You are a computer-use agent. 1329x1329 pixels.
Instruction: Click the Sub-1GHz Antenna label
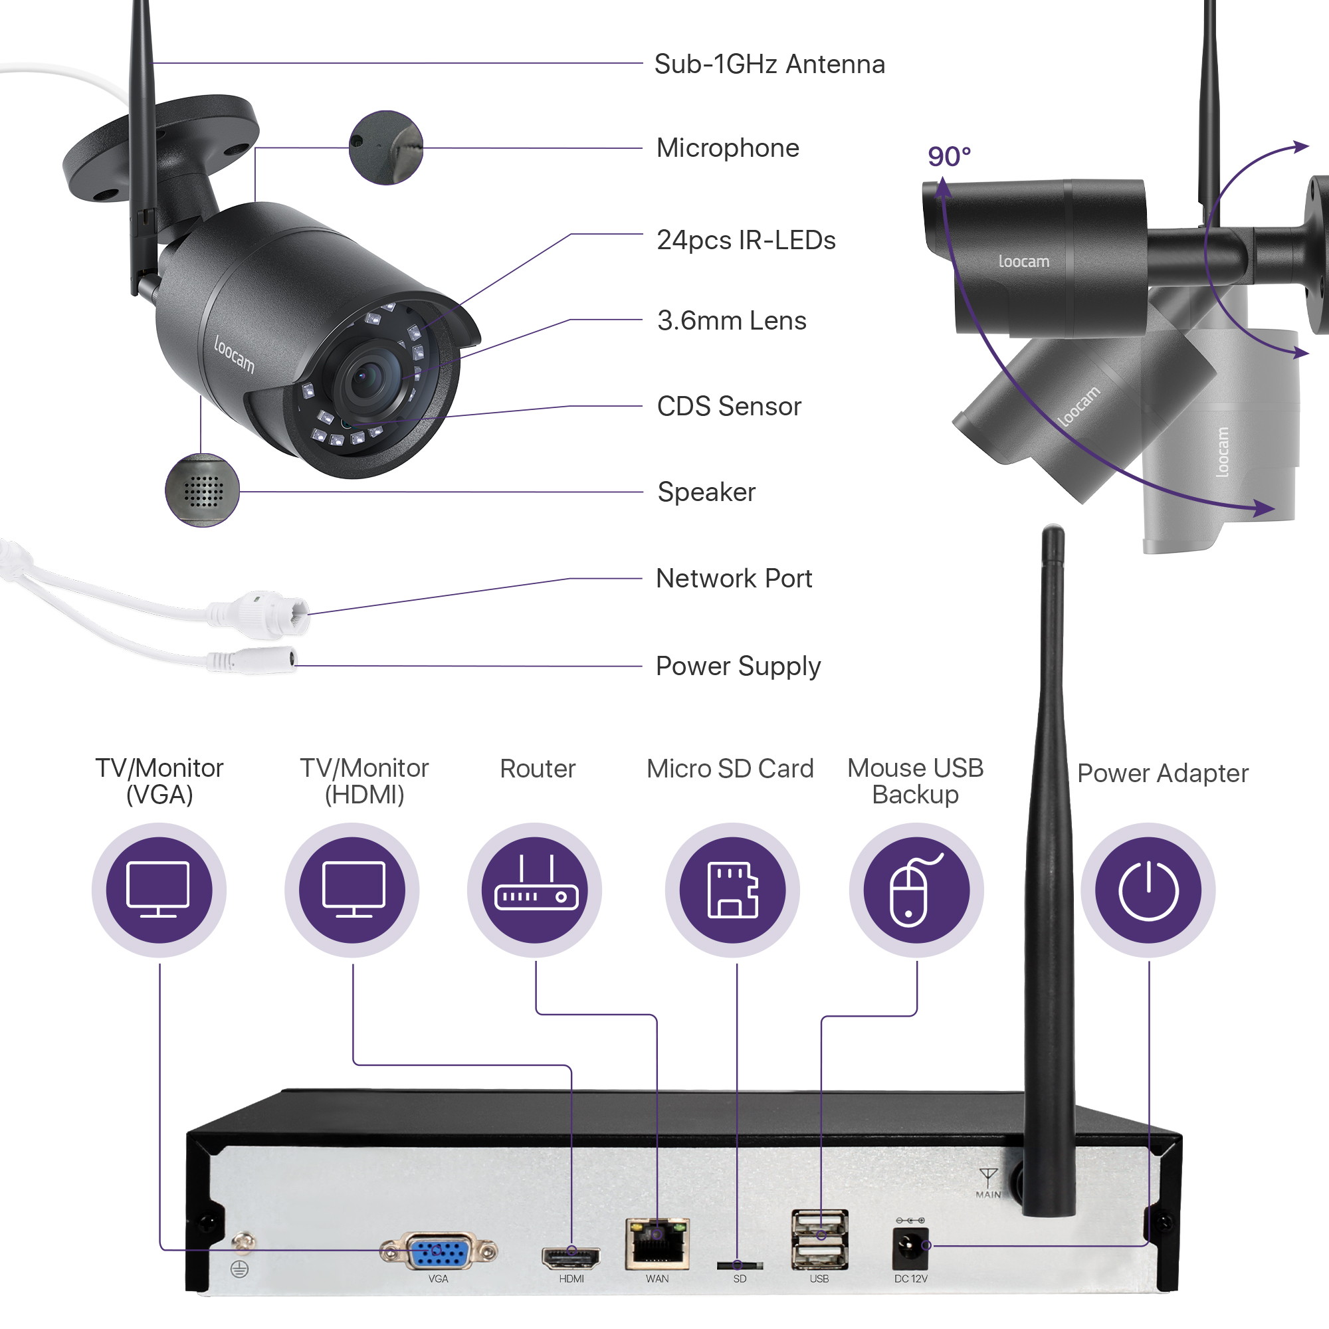pyautogui.click(x=769, y=64)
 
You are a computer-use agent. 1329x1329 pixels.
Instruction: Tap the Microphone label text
pyautogui.click(x=727, y=148)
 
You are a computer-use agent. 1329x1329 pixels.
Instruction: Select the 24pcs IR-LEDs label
pyautogui.click(x=746, y=240)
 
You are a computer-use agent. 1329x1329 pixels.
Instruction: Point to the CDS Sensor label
pyautogui.click(x=728, y=407)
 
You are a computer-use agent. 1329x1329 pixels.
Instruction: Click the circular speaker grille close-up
pyautogui.click(x=202, y=491)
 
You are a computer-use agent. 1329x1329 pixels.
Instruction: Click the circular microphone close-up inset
pyautogui.click(x=385, y=148)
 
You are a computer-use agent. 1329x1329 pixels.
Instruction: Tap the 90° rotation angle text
pyautogui.click(x=949, y=157)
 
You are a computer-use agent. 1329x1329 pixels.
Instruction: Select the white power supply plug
pyautogui.click(x=265, y=661)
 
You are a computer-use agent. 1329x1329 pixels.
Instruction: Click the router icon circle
pyautogui.click(x=534, y=890)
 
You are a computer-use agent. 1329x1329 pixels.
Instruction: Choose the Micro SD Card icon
pyautogui.click(x=732, y=890)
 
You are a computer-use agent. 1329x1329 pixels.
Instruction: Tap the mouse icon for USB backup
pyautogui.click(x=916, y=890)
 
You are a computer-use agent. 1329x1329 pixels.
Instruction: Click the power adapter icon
pyautogui.click(x=1148, y=890)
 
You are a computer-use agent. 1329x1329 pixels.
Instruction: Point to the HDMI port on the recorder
pyautogui.click(x=570, y=1257)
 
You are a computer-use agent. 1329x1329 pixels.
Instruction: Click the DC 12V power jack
pyautogui.click(x=910, y=1248)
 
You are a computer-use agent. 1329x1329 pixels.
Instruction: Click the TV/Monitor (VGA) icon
pyautogui.click(x=159, y=890)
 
